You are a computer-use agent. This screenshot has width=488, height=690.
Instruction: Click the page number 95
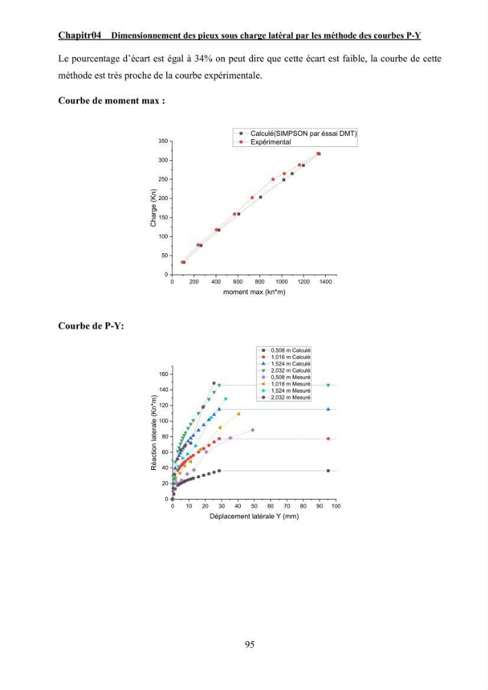249,644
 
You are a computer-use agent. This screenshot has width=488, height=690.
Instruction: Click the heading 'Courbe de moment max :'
112,101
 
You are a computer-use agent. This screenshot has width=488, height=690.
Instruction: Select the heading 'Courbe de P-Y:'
91,326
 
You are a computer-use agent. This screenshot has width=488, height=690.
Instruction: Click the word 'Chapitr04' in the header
79,35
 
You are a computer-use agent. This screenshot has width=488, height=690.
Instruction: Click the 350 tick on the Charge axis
163,141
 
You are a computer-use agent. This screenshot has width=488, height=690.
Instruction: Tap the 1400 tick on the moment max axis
326,282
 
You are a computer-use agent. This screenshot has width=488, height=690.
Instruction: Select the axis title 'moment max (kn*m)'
254,292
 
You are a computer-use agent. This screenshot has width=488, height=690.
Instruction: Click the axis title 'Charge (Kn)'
153,208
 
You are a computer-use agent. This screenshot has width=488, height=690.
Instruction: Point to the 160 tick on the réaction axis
164,374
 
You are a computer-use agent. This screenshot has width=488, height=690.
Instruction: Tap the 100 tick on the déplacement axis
336,506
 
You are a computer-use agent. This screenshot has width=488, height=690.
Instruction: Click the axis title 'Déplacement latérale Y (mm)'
254,516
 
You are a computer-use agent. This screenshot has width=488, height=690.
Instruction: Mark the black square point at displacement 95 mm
329,471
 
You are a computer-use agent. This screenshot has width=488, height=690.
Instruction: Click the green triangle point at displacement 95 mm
329,386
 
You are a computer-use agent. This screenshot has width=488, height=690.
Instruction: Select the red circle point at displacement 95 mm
329,439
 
